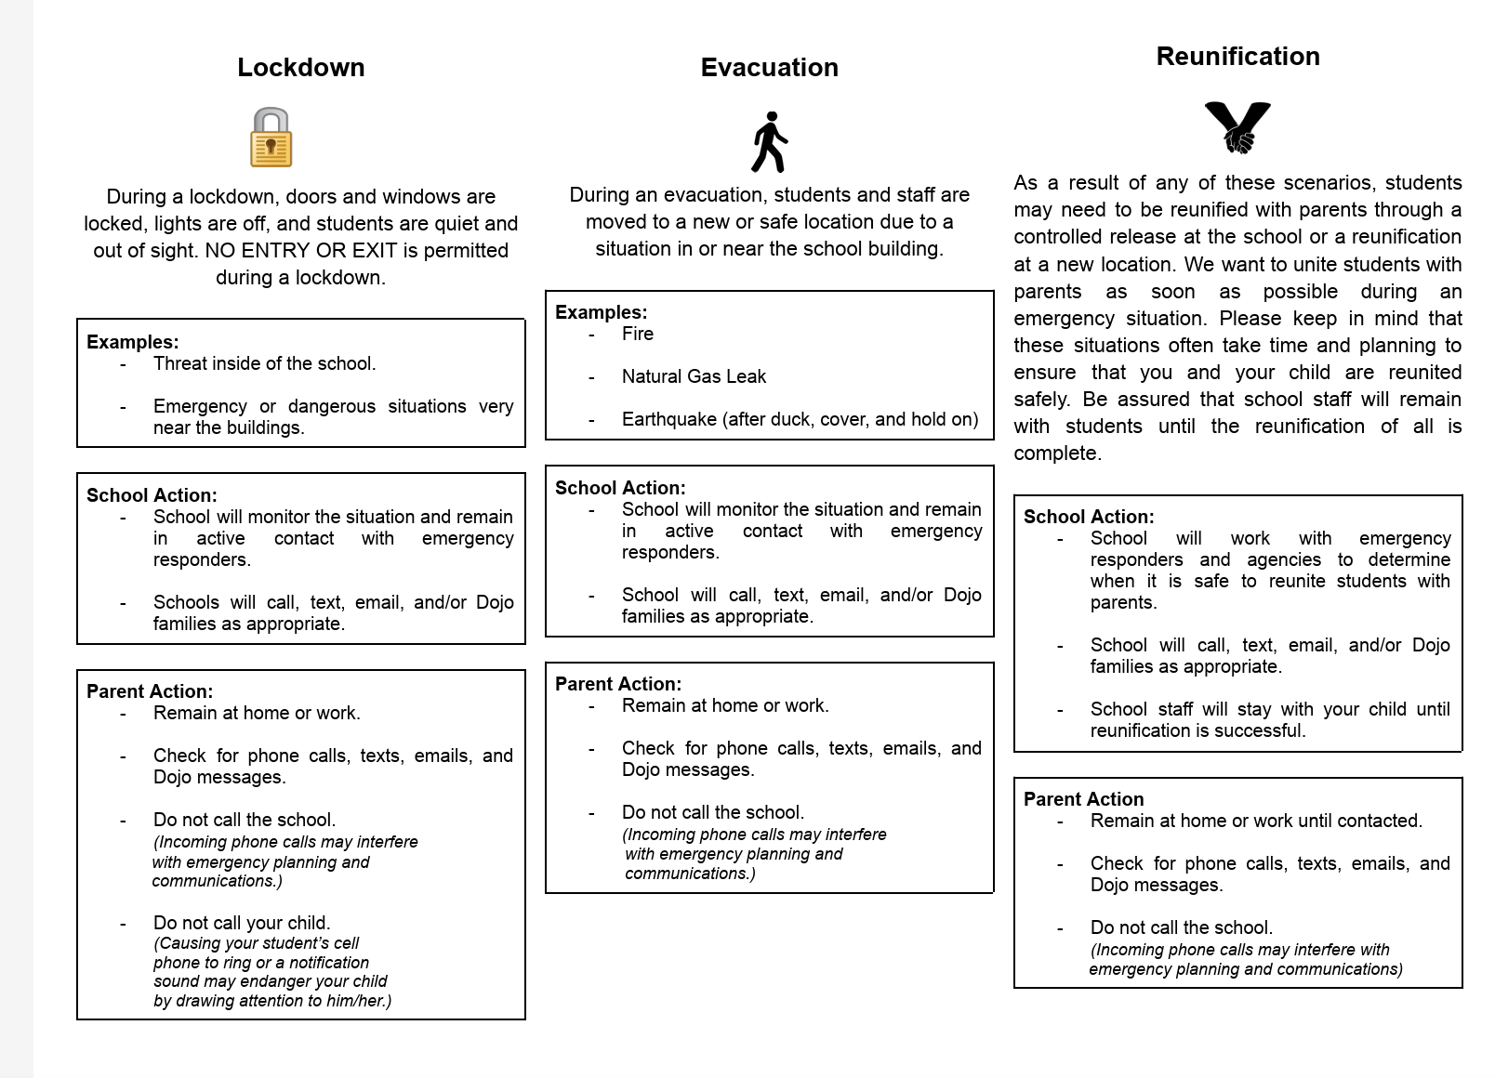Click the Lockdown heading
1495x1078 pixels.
click(300, 68)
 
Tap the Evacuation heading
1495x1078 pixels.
click(769, 68)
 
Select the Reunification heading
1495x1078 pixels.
click(1237, 57)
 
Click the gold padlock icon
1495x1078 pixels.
click(271, 138)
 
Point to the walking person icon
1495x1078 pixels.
click(769, 142)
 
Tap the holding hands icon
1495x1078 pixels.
click(1237, 127)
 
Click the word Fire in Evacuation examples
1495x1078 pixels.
click(638, 335)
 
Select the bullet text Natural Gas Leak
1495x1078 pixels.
click(694, 377)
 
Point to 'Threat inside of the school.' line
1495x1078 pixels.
click(264, 364)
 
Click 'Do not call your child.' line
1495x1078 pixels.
click(242, 924)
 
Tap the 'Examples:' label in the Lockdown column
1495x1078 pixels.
click(132, 342)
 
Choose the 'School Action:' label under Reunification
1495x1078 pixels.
click(1089, 518)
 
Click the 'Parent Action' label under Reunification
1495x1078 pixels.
click(1083, 800)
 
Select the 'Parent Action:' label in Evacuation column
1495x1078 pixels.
click(617, 685)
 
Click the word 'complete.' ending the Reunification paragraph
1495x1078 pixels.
click(1057, 454)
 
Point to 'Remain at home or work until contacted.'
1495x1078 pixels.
click(1256, 822)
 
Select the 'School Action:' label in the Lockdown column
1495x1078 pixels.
click(152, 496)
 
